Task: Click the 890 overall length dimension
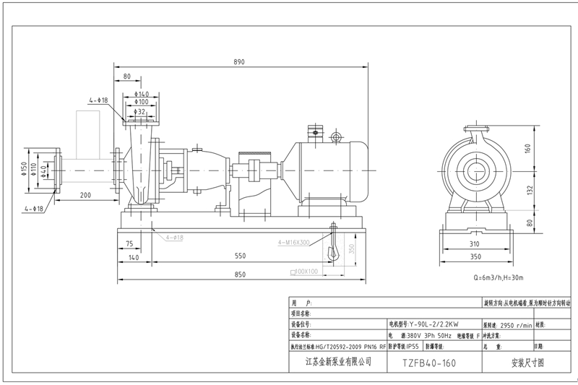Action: (x=238, y=62)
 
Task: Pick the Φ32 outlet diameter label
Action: (x=141, y=112)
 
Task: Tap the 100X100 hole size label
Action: (x=304, y=272)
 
